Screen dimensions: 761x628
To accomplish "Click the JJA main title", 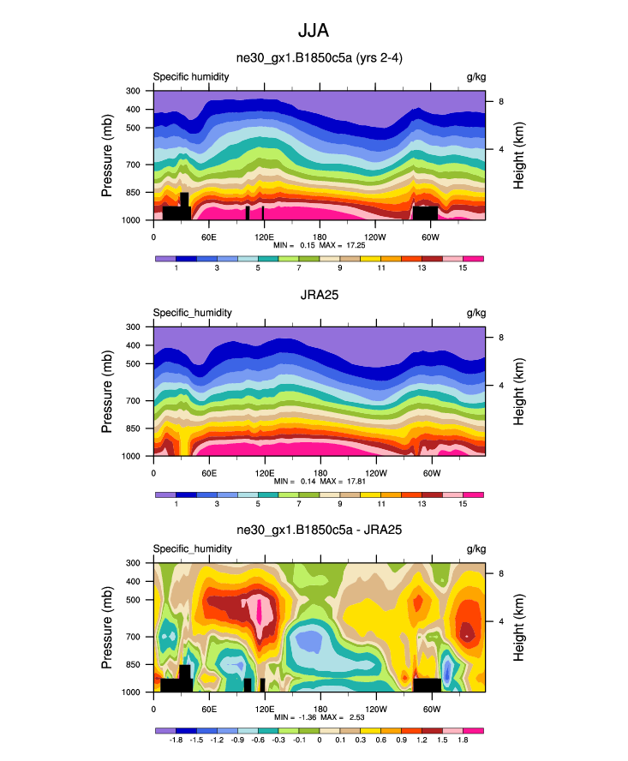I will (314, 31).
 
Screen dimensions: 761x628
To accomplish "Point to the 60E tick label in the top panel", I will (208, 237).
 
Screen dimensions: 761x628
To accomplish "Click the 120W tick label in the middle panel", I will (374, 473).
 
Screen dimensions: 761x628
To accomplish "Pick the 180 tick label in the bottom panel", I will (319, 709).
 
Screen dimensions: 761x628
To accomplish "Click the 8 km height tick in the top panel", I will (501, 102).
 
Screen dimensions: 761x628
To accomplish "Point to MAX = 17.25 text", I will (343, 245).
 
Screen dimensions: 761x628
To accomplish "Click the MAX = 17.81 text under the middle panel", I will (343, 482).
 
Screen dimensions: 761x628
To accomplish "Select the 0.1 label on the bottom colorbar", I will (340, 739).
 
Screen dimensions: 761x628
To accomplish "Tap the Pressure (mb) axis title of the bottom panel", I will (108, 627).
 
